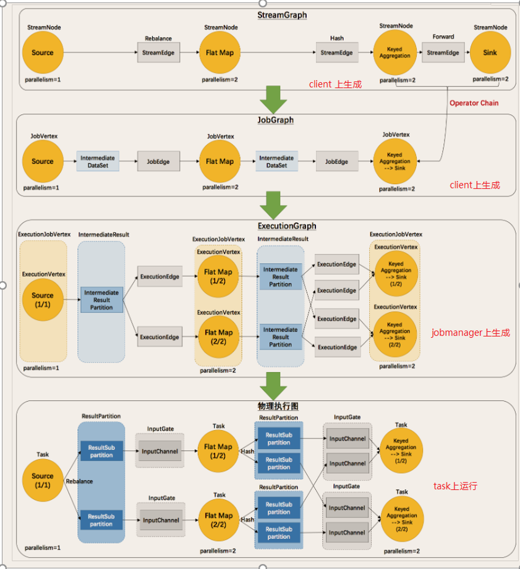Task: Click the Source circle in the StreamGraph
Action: tap(43, 53)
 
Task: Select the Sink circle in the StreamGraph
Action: tap(490, 53)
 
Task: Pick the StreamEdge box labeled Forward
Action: tap(443, 53)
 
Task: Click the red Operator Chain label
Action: tap(474, 103)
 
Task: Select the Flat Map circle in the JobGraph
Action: tap(220, 162)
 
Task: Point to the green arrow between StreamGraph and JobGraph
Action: tap(273, 99)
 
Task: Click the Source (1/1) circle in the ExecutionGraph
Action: tap(43, 300)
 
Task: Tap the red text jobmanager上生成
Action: tap(471, 333)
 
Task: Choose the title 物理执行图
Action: tap(278, 407)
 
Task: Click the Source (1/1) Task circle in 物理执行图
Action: tap(43, 480)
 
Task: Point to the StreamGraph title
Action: tap(281, 15)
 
